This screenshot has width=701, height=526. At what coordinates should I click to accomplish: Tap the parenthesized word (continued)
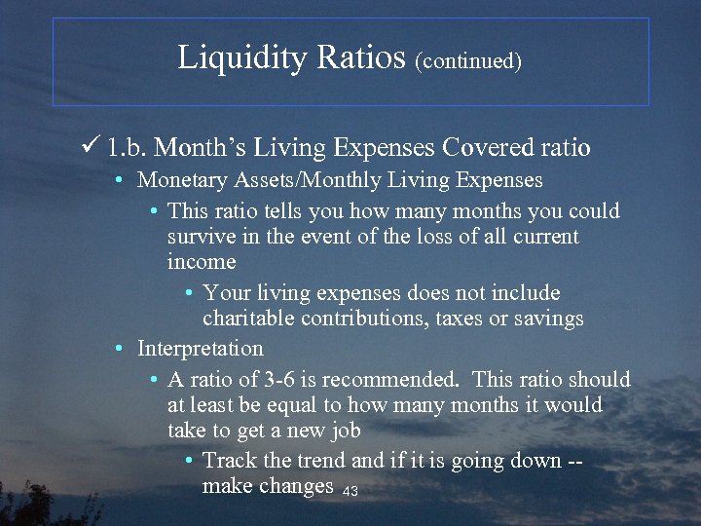[x=468, y=61]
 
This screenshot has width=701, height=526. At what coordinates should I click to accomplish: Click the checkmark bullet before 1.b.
[x=92, y=147]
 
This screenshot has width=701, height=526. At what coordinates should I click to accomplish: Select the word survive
[x=199, y=237]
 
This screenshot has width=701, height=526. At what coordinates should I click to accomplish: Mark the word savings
[x=548, y=319]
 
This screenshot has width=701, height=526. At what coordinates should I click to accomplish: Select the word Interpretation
[x=200, y=348]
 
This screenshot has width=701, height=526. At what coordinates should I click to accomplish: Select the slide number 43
[x=350, y=492]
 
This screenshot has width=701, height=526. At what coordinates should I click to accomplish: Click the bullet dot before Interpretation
[x=117, y=349]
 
